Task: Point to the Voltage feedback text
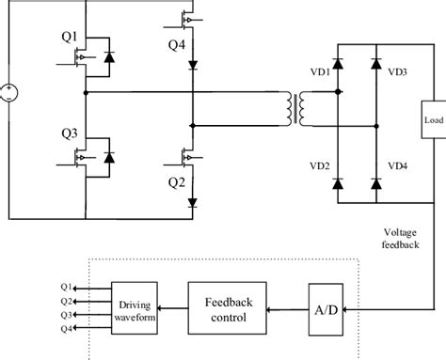(x=406, y=239)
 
